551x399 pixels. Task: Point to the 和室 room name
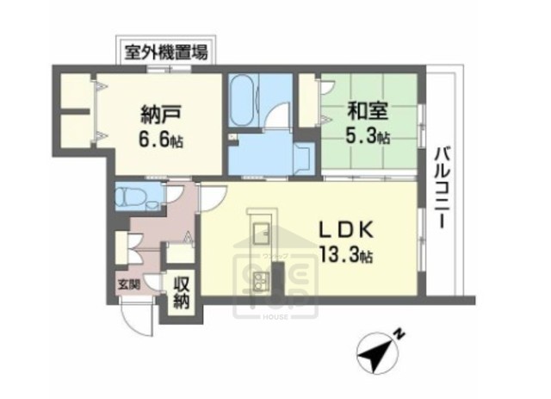pos(366,112)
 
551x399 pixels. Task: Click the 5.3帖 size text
pos(368,135)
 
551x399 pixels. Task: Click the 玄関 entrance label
pos(128,283)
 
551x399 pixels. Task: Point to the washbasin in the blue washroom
pos(303,158)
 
